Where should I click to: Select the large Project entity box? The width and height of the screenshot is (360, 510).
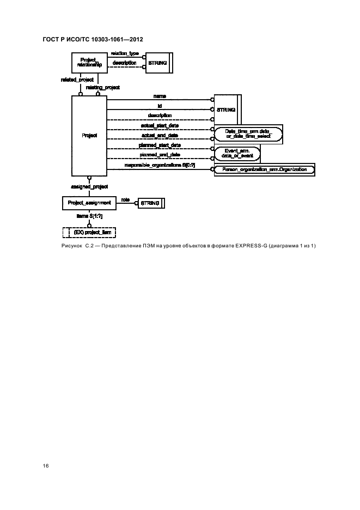89,135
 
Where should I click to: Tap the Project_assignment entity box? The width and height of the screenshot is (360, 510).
89,203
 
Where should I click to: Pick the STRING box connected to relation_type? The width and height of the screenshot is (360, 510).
157,63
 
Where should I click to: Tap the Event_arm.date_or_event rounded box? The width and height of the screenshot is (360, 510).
237,154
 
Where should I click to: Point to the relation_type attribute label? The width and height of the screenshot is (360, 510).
125,54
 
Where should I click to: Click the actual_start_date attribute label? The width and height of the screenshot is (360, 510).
160,125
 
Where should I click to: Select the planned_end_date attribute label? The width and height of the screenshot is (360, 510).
160,155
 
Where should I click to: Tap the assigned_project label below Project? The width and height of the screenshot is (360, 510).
89,187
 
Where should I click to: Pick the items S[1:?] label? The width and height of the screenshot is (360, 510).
89,216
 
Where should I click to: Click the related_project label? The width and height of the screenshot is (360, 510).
77,80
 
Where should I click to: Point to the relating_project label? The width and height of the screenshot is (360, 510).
103,87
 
